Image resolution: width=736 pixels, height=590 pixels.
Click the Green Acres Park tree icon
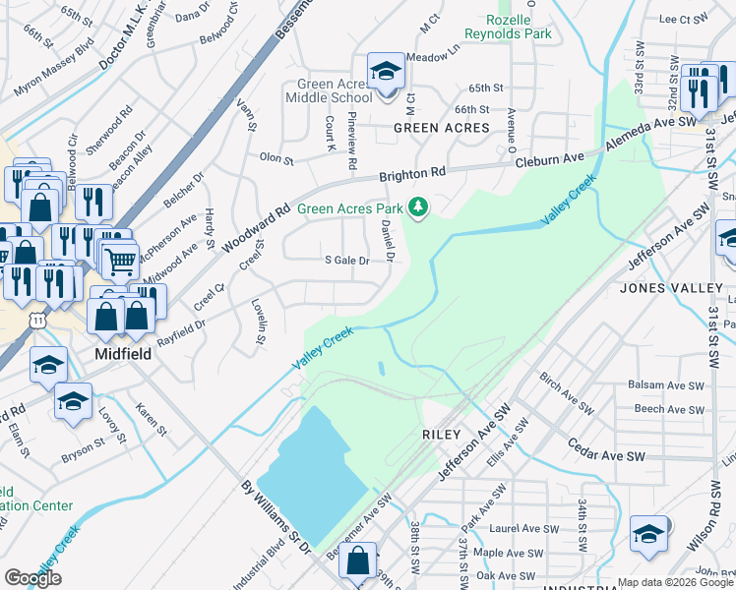(x=420, y=207)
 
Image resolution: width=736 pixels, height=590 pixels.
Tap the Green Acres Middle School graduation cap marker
(x=386, y=73)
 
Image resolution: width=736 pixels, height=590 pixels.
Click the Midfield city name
(x=123, y=353)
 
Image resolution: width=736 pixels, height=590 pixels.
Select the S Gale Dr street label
(x=346, y=261)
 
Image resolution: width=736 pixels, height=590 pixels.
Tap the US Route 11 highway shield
(x=37, y=321)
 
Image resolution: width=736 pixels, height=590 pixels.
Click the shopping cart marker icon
(x=120, y=262)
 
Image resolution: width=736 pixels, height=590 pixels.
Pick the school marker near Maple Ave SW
(x=647, y=534)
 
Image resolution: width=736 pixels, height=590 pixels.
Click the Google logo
(x=32, y=578)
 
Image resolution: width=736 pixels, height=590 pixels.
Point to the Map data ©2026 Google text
(x=675, y=582)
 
